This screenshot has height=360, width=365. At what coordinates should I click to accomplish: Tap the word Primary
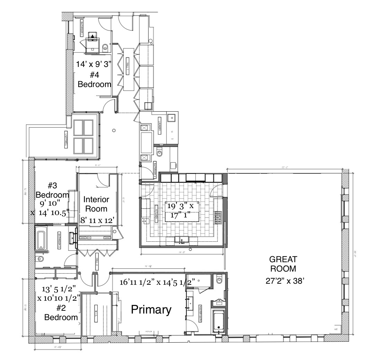(151, 310)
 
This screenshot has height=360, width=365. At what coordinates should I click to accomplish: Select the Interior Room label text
(96, 204)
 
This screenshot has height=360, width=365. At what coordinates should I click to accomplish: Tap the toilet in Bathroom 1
(106, 47)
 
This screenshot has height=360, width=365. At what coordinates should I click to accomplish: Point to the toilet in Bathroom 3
(40, 259)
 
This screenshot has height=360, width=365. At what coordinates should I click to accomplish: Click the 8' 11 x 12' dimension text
(97, 220)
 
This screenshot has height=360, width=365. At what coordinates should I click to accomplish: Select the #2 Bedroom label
(61, 314)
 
